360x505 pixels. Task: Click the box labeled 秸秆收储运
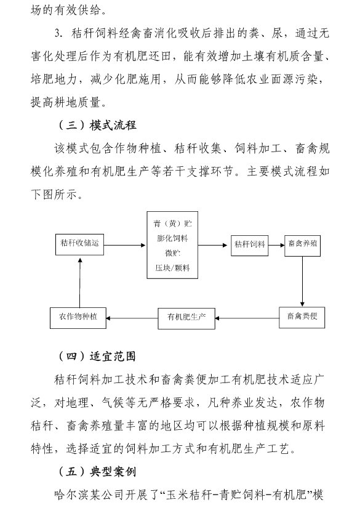(79, 244)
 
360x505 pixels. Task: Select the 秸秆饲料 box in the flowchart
(250, 245)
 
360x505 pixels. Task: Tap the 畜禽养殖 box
(302, 245)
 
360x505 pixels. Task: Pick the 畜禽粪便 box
(302, 318)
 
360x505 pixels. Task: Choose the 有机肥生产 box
(186, 318)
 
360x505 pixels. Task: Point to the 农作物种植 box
(78, 318)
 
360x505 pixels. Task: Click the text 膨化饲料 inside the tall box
(172, 238)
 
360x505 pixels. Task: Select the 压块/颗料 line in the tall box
(172, 268)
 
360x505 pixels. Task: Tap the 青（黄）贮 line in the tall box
(172, 224)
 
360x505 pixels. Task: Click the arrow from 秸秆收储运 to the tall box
(125, 245)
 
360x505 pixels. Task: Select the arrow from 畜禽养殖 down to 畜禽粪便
(302, 281)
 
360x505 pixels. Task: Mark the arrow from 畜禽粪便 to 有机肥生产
(247, 318)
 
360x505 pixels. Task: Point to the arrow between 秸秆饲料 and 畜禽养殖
(276, 245)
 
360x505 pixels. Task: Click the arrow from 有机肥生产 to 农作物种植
(132, 318)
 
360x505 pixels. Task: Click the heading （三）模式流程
(97, 125)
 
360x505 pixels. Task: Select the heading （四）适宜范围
(97, 357)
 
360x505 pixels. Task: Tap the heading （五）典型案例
(97, 472)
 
